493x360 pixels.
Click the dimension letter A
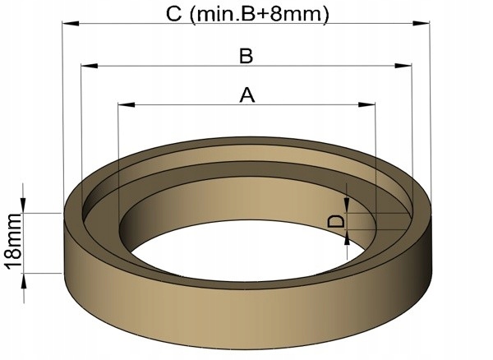tap(247, 95)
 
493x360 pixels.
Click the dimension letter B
tap(246, 56)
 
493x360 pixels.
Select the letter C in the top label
tap(174, 14)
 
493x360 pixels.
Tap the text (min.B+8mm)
tap(260, 15)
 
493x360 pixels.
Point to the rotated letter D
tap(336, 221)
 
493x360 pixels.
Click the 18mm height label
tap(14, 242)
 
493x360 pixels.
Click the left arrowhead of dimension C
tap(71, 23)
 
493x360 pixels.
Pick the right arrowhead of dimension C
tap(421, 23)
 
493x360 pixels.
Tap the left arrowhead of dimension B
tap(90, 66)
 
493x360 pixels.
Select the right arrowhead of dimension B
tap(403, 66)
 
